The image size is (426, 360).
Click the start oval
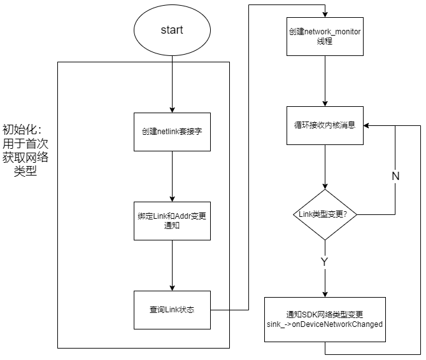coord(172,31)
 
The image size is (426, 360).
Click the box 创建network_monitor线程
coord(325,36)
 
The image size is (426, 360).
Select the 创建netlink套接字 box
coord(172,132)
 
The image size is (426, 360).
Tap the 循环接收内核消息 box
coord(325,125)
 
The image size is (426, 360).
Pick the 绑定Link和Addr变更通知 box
coord(172,221)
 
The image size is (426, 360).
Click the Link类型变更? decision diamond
coord(325,214)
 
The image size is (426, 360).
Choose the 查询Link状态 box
coord(172,310)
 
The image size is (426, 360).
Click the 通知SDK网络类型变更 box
coord(325,319)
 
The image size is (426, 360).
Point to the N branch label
coord(395,177)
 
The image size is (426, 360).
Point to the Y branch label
coord(325,262)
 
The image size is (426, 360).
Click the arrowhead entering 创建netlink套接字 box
coord(172,109)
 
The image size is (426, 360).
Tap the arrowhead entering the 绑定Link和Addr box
coord(172,198)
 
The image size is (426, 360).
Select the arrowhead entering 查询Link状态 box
coord(172,287)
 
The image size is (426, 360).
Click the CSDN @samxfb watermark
coord(390,350)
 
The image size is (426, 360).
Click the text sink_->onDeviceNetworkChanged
coord(325,324)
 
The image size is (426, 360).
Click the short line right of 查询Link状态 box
coord(220,310)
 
